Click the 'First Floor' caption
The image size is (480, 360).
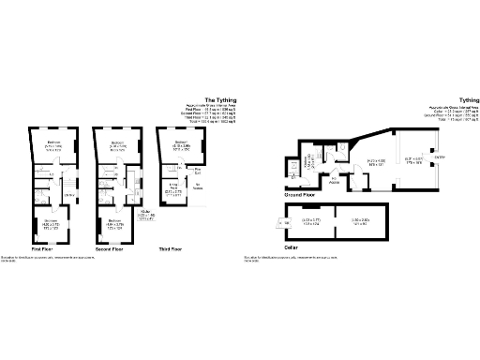click(42, 250)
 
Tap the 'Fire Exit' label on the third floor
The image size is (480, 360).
click(198, 171)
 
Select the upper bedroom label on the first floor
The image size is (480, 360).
click(53, 144)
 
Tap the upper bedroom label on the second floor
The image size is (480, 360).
click(117, 144)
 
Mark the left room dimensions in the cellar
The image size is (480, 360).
click(311, 221)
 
